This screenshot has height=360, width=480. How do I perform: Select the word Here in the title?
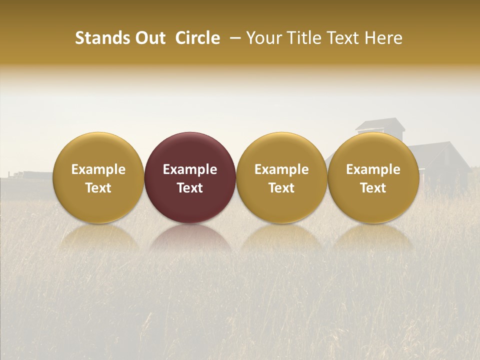tap(385, 38)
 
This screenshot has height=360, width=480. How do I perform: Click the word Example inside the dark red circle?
tap(190, 169)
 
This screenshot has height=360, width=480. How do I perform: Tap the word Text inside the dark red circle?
tap(190, 188)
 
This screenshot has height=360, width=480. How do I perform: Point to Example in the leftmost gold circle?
tap(98, 169)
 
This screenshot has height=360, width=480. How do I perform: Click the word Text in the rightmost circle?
tap(373, 188)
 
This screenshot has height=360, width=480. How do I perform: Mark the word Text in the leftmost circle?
tap(98, 188)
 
